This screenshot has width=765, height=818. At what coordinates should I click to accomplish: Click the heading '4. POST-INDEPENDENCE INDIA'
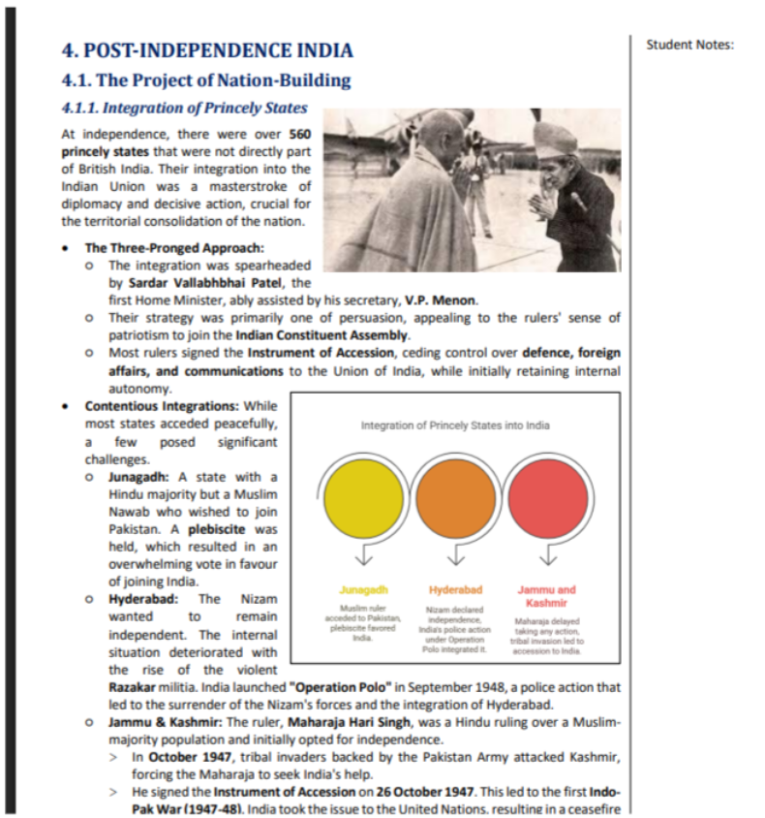pos(206,51)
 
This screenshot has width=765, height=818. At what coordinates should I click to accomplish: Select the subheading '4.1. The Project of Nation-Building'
pos(205,80)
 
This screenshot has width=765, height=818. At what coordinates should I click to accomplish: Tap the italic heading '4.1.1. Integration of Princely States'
pos(184,108)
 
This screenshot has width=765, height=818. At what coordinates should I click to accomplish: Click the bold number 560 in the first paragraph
pos(300,135)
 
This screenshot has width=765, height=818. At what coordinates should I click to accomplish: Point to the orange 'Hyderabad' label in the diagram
pos(455,589)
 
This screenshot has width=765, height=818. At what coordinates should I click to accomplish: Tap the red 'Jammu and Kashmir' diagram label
pos(546,595)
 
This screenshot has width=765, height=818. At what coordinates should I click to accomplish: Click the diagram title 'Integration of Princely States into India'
pos(455,425)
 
